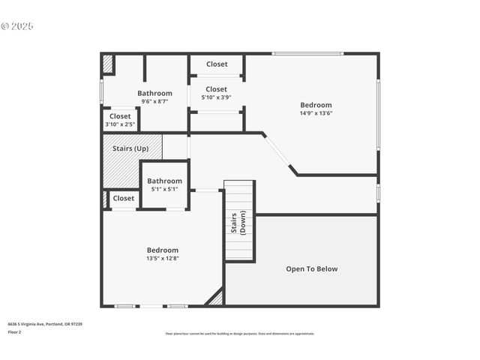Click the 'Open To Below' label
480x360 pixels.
312,268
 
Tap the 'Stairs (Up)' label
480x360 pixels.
130,148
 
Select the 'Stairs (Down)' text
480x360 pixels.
238,224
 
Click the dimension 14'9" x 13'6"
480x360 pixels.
316,113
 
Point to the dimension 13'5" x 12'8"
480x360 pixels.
163,258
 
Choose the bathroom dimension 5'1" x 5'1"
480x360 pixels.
164,189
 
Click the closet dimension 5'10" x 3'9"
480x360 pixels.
216,97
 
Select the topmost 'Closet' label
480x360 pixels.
217,64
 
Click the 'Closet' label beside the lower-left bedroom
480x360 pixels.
124,199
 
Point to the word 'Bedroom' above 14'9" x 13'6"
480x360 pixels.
316,105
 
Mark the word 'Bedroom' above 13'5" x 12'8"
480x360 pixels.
163,250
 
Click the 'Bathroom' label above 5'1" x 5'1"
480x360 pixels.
164,181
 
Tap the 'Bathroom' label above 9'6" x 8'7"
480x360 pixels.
154,94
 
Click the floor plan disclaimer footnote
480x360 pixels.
239,334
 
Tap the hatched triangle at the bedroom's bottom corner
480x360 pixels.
216,298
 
